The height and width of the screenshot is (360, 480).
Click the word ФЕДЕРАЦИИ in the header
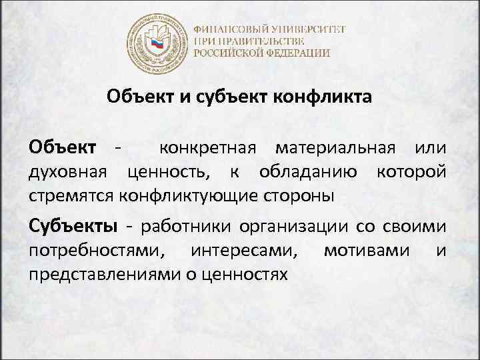[300, 53]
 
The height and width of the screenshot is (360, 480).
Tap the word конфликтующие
[225, 196]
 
